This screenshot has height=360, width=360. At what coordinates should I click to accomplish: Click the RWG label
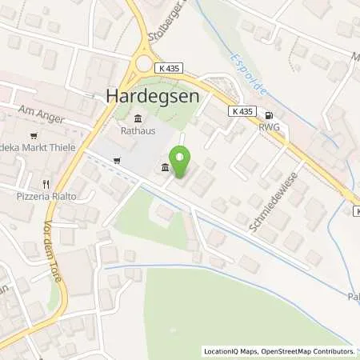tap(269, 125)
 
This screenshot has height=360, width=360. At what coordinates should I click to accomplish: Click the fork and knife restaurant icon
tap(49, 182)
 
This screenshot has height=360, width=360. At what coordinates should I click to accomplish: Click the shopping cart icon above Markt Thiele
tap(34, 135)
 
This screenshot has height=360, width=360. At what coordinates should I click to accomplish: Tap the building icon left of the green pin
tap(165, 167)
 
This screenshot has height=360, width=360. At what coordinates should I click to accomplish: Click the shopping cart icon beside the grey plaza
tap(118, 160)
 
